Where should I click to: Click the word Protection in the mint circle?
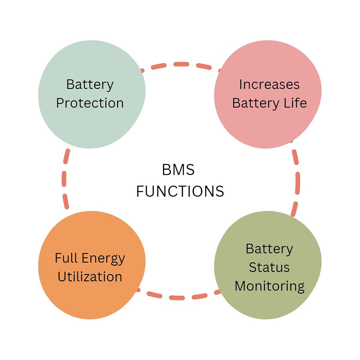90,103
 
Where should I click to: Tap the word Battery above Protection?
90,85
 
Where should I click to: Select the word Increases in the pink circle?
269,84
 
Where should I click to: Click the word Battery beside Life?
256,103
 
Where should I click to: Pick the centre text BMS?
178,170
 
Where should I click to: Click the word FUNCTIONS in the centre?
180,191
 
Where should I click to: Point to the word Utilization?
90,276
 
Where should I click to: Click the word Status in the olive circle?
269,267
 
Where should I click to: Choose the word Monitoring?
269,285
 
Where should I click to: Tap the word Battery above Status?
269,249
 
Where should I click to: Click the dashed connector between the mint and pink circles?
180,65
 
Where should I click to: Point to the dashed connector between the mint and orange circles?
65,180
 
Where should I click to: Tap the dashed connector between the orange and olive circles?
180,297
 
